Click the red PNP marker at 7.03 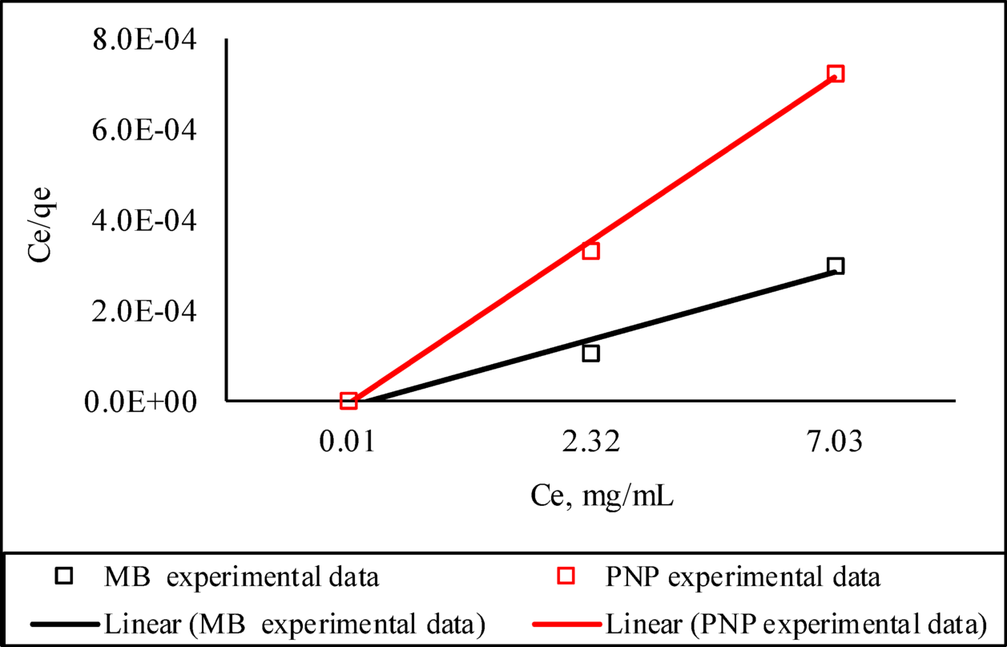point(835,74)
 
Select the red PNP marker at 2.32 point(591,251)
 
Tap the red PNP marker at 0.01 point(348,400)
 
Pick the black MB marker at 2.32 point(591,353)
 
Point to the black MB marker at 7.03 point(835,266)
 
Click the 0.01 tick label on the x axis point(348,443)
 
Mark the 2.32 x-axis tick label point(591,443)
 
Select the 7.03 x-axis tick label point(835,443)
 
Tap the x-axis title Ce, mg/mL point(602,497)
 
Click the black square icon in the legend point(65,576)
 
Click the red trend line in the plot point(481,321)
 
